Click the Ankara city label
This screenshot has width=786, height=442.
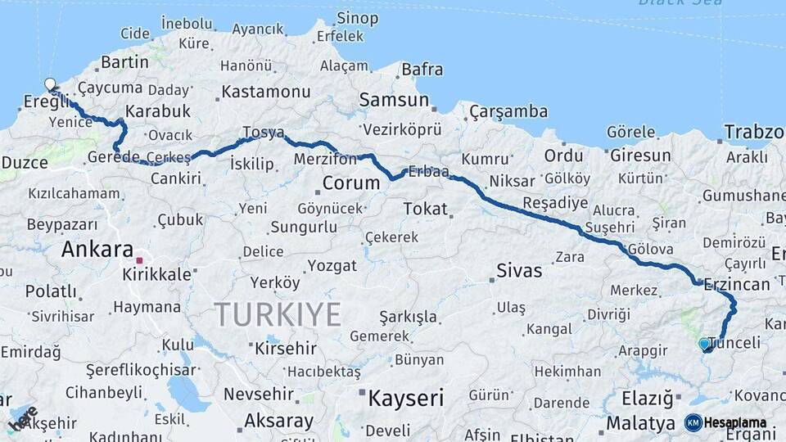97,249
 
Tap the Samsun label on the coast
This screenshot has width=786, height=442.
394,101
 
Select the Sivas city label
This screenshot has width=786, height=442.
519,270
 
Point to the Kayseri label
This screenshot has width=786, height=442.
405,399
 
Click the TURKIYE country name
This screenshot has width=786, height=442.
277,313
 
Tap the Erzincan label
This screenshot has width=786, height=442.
738,284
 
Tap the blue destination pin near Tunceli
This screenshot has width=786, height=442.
705,345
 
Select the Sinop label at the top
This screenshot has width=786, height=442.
357,18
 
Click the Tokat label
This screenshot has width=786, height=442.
425,209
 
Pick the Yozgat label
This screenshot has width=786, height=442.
332,266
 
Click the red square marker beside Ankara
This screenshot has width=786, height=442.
140,261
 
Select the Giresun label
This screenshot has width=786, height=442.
639,156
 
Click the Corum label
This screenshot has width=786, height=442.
350,182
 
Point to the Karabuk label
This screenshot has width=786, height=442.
158,110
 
